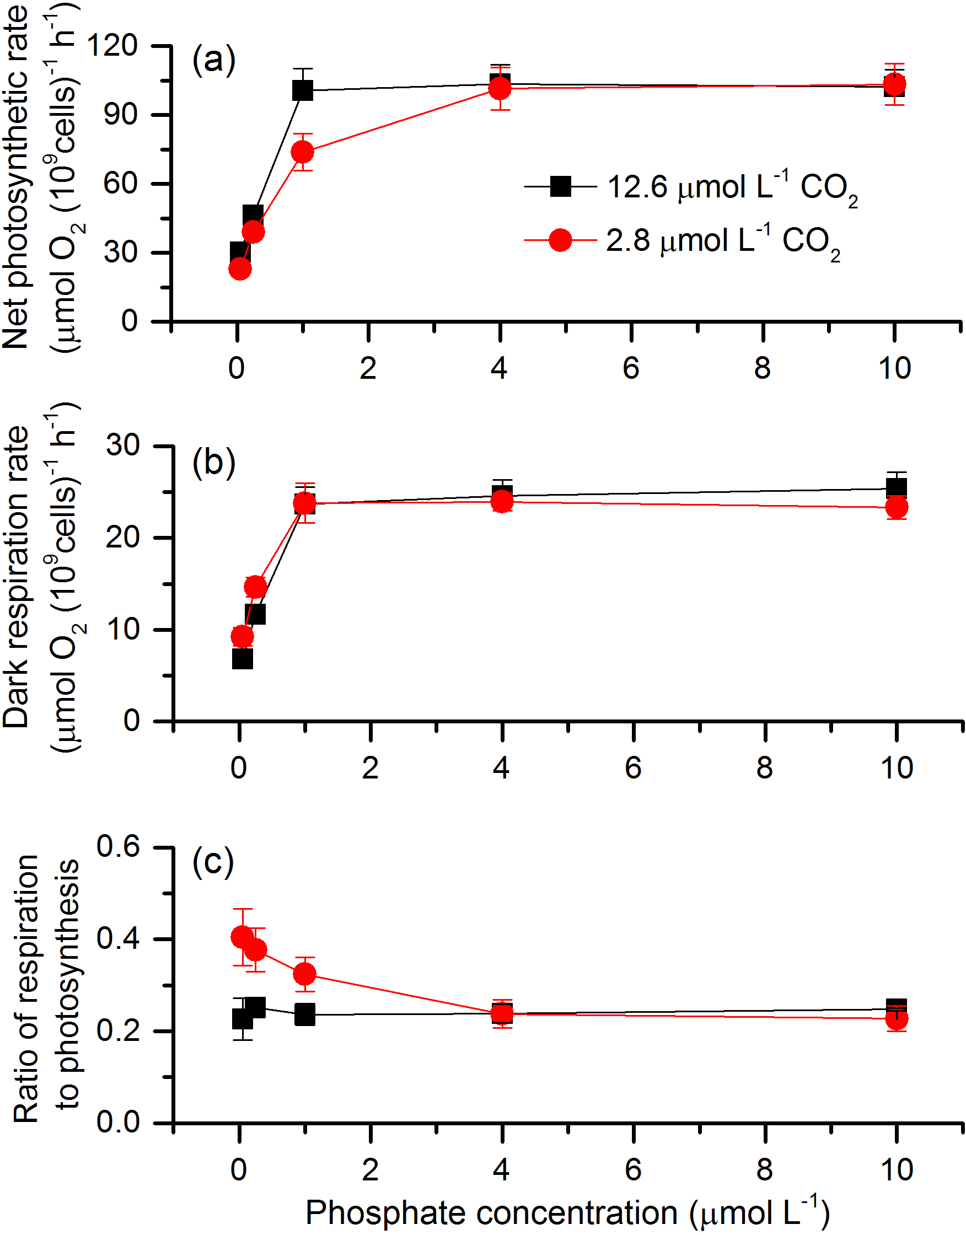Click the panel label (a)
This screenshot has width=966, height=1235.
pyautogui.click(x=214, y=61)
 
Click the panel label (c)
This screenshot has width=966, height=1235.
pyautogui.click(x=213, y=863)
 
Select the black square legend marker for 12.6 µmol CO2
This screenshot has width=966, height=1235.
pyautogui.click(x=561, y=186)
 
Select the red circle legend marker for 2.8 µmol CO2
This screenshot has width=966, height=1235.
pyautogui.click(x=561, y=240)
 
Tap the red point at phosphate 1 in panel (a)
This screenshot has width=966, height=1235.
pyautogui.click(x=303, y=152)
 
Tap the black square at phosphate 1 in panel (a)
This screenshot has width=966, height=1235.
pyautogui.click(x=303, y=90)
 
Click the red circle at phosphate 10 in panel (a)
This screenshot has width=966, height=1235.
pyautogui.click(x=895, y=85)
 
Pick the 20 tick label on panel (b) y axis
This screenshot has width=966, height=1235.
pyautogui.click(x=122, y=537)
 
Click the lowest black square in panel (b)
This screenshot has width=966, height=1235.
pyautogui.click(x=242, y=659)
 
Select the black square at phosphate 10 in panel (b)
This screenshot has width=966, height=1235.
pyautogui.click(x=897, y=487)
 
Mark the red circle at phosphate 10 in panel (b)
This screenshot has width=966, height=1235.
pyautogui.click(x=897, y=507)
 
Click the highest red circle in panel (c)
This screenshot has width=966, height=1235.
pyautogui.click(x=242, y=937)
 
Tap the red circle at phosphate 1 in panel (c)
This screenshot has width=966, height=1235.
pyautogui.click(x=305, y=974)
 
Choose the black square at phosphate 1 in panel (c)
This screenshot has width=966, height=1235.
pyautogui.click(x=305, y=1014)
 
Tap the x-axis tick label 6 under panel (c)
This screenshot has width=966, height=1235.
pyautogui.click(x=633, y=1169)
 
